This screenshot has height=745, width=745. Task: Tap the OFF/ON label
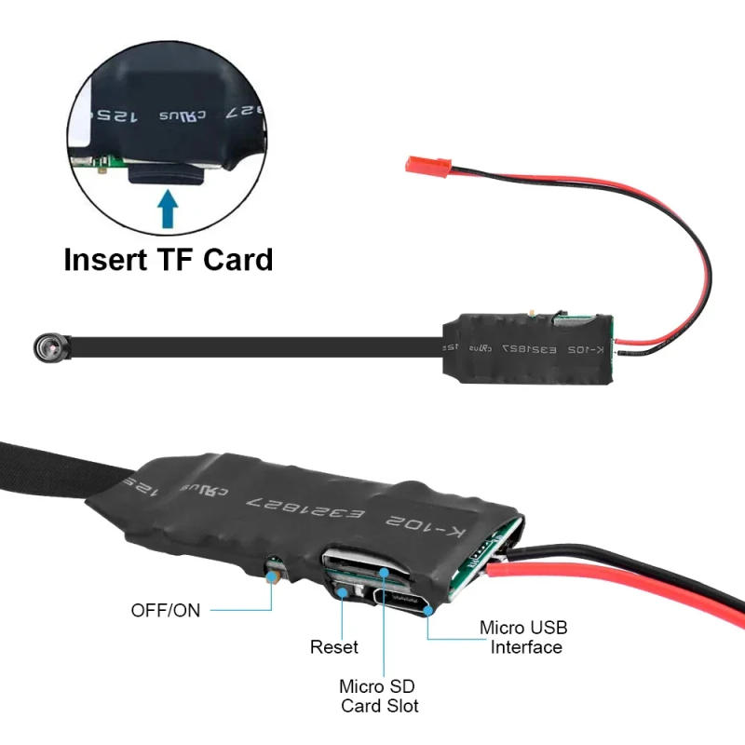pos(165,611)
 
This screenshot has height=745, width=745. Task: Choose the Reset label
pos(333,646)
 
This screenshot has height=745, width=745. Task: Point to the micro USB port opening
pos(402,599)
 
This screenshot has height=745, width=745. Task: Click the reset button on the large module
pos(342,589)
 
